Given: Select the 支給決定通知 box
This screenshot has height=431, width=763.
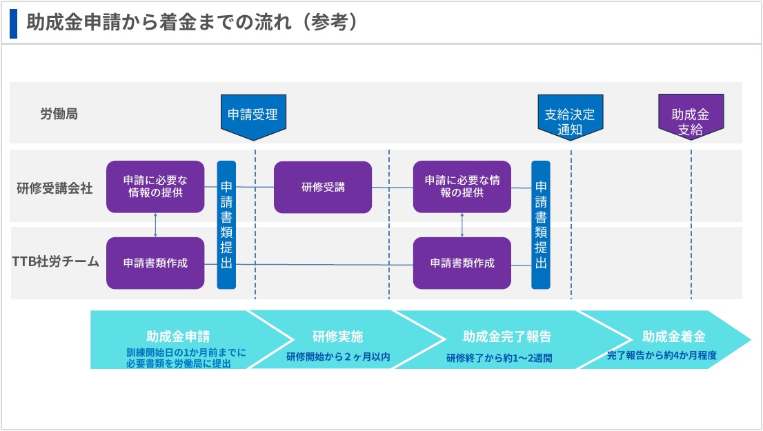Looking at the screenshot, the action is click(571, 117).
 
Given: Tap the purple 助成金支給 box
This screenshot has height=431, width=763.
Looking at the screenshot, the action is click(691, 117).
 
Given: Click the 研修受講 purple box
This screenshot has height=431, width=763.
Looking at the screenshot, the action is click(323, 188).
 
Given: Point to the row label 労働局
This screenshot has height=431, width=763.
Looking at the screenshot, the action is click(59, 114).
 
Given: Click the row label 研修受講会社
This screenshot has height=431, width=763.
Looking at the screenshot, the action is click(54, 188).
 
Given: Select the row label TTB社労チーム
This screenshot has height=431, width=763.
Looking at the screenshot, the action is click(55, 262).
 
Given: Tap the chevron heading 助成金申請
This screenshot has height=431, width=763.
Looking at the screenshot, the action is click(178, 336).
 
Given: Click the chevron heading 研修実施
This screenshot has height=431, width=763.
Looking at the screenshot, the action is click(338, 336).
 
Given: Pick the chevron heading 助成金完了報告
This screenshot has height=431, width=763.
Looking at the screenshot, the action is click(507, 336).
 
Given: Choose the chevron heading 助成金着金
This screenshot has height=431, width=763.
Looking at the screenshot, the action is click(674, 336).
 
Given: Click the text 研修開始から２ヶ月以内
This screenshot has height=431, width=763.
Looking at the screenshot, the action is click(338, 357).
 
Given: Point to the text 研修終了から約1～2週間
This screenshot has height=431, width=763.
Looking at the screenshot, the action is click(499, 358).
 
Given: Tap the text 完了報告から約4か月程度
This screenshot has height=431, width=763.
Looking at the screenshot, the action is click(662, 356).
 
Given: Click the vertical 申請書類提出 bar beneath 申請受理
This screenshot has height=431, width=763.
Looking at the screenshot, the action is click(226, 225).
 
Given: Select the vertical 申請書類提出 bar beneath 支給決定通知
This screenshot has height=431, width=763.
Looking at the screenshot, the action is click(541, 225).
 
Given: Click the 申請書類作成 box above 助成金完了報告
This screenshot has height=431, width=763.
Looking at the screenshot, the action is click(462, 263).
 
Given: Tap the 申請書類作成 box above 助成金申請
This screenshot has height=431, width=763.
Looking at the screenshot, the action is click(155, 263).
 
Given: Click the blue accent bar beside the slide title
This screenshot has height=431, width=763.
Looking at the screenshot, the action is click(13, 23).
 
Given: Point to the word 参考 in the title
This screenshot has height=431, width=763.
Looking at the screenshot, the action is click(330, 22).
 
